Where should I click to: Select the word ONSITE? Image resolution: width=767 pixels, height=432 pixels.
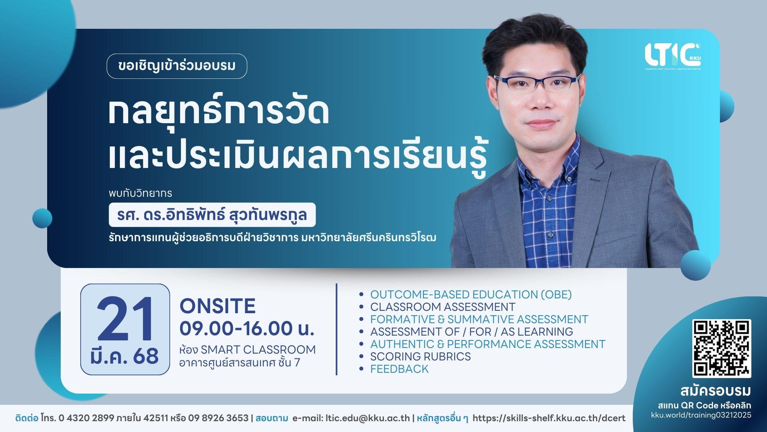click(218, 306)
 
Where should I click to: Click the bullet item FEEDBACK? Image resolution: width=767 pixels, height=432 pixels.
click(399, 369)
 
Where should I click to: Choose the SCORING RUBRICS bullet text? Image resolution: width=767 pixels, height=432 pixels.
click(421, 356)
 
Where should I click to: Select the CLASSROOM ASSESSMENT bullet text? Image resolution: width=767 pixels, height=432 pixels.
click(443, 307)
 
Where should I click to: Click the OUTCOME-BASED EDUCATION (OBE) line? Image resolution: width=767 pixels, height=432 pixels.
click(471, 294)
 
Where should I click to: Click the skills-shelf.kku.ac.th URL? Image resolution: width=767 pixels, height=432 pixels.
click(549, 418)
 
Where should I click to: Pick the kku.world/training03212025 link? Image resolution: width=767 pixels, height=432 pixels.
click(701, 415)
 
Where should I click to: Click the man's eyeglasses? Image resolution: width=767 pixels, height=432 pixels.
click(537, 84)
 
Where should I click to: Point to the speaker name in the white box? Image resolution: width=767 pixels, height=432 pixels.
click(212, 215)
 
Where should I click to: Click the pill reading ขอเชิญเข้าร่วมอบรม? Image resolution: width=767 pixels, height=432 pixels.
click(177, 66)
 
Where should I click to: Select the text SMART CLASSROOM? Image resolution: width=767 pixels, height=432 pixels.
click(258, 350)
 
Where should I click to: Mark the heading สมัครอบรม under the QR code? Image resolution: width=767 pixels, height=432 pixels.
click(715, 391)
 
